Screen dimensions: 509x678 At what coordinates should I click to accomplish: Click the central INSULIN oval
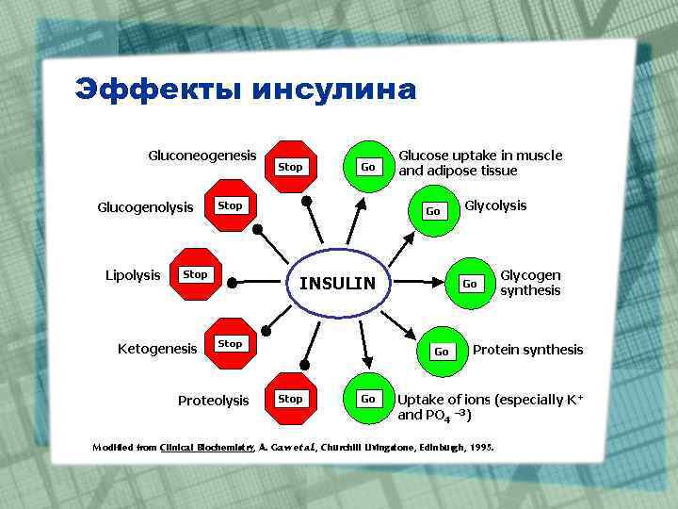tap(337, 284)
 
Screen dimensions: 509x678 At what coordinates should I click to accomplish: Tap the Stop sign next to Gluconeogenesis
tap(291, 167)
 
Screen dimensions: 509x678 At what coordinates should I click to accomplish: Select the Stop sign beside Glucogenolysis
tap(230, 205)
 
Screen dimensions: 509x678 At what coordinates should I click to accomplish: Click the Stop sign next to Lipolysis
tap(195, 275)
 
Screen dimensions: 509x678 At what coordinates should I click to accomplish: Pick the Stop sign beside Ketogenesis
tap(230, 344)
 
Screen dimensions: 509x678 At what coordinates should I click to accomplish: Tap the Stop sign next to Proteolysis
tap(291, 399)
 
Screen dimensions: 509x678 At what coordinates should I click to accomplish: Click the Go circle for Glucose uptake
tap(368, 167)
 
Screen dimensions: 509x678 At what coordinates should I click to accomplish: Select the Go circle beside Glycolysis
tap(433, 211)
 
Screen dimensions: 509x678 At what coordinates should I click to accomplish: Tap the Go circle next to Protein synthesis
tap(440, 352)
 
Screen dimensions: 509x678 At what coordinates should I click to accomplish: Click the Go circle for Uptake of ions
tap(368, 399)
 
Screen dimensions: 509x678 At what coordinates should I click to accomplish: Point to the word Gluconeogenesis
tap(202, 155)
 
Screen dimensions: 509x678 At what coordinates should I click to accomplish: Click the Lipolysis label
tap(133, 275)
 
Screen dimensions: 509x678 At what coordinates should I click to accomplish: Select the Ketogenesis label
tap(157, 349)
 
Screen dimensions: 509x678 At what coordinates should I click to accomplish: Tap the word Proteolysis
tap(214, 401)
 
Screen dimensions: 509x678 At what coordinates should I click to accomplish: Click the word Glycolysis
tap(495, 205)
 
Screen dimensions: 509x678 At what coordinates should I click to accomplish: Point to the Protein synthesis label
tap(527, 350)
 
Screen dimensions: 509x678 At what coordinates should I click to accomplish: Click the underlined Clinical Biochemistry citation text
tap(206, 447)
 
